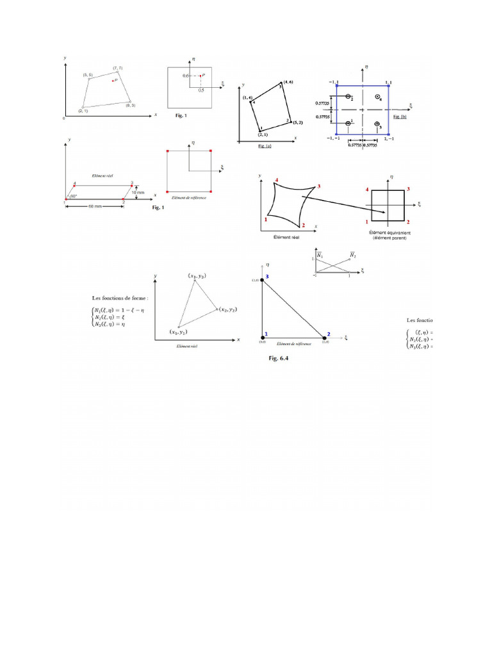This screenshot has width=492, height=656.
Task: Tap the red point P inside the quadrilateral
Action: point(113,81)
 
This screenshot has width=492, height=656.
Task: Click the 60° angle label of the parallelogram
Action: point(75,195)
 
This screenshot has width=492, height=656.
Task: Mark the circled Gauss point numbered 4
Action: point(377,96)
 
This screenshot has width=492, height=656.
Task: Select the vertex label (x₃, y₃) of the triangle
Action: point(196,275)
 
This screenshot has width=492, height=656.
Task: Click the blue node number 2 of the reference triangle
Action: point(328,333)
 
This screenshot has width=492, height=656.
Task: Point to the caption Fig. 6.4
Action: point(279,359)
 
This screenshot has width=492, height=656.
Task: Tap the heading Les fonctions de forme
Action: point(120,299)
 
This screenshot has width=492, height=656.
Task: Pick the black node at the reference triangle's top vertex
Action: point(261,281)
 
